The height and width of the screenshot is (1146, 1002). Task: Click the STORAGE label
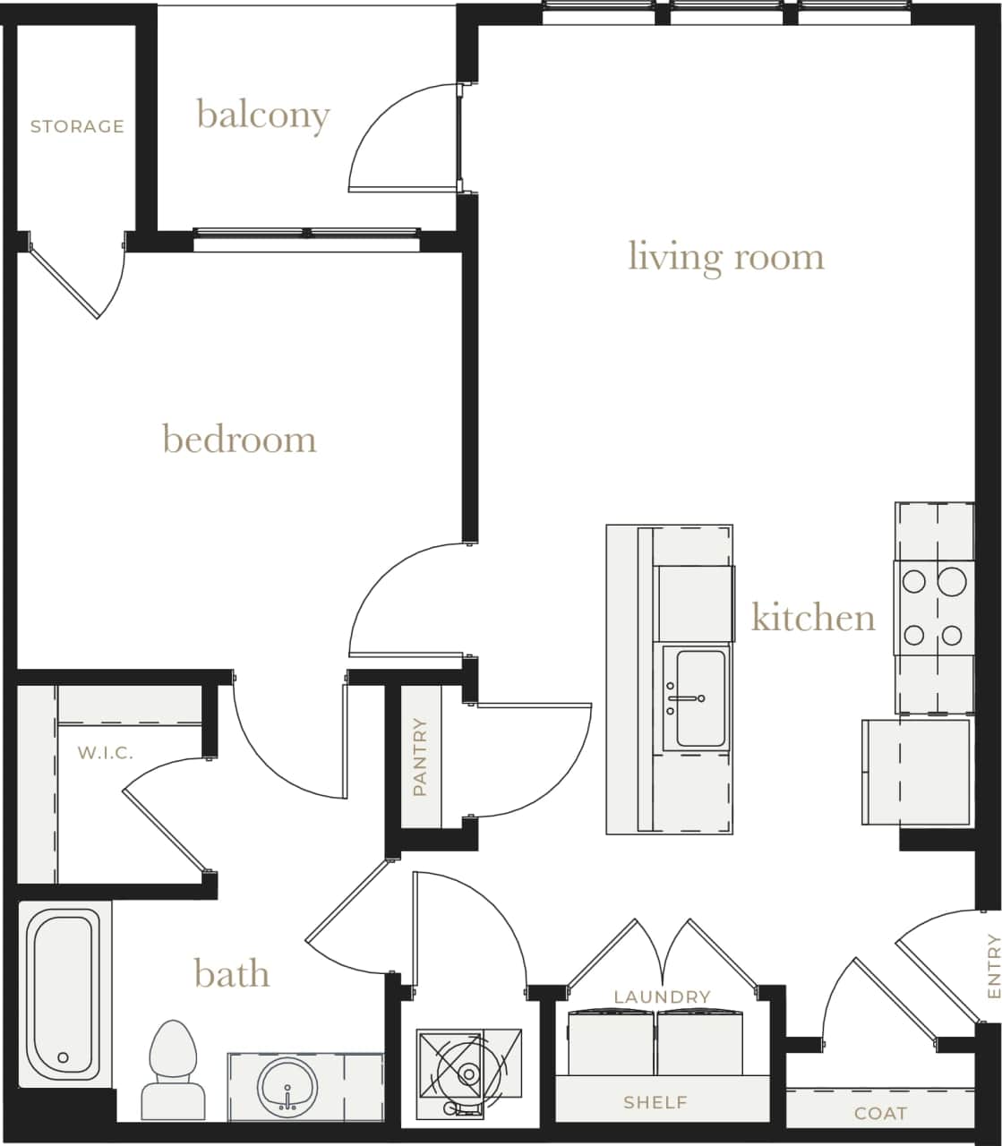pos(77,126)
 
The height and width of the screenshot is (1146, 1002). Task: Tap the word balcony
pos(263,115)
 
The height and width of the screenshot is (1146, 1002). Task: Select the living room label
pos(725,257)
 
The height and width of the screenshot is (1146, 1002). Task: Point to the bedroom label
pos(239,440)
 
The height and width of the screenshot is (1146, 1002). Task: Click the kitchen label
pos(812,618)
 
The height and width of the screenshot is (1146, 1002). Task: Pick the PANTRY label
pos(420,757)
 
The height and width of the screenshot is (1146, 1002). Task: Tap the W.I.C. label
pos(105,753)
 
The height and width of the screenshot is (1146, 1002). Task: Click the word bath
pos(231,973)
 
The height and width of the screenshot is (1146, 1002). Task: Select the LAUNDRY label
pos(662,996)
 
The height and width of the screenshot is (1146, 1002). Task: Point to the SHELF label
pos(655,1102)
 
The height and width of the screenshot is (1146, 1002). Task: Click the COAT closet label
pos(880,1113)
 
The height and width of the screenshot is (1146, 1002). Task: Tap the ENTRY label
pos(992,966)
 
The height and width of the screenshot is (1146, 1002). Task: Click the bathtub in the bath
pos(60,994)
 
